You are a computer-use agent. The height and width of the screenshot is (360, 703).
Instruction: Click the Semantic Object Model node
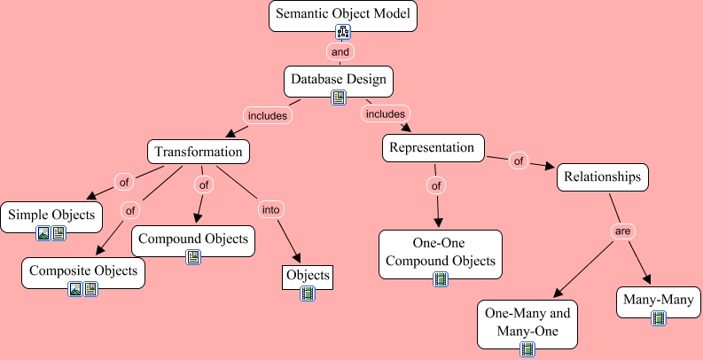(342, 15)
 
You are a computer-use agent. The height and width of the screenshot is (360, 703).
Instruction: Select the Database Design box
(339, 80)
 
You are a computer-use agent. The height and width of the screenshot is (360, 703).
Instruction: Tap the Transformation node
(199, 152)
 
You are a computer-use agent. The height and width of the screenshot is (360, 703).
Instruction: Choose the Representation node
(434, 147)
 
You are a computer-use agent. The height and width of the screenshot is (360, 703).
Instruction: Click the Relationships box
(603, 177)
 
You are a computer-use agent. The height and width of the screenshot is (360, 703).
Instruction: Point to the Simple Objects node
(51, 215)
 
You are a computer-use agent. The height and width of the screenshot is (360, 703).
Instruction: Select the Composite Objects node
(83, 270)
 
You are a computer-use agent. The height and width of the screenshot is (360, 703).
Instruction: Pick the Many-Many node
(658, 300)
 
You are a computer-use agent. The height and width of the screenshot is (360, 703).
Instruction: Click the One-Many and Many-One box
(527, 325)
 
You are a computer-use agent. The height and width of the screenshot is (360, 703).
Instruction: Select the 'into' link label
(270, 210)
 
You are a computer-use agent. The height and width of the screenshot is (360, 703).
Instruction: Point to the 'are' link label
(623, 231)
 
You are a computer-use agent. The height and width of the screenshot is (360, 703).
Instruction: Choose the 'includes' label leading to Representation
(385, 113)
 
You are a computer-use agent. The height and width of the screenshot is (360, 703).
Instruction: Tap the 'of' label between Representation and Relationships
(519, 161)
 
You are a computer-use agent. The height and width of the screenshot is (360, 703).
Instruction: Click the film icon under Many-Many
(659, 317)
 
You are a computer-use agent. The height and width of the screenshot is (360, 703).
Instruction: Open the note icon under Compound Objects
(193, 257)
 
